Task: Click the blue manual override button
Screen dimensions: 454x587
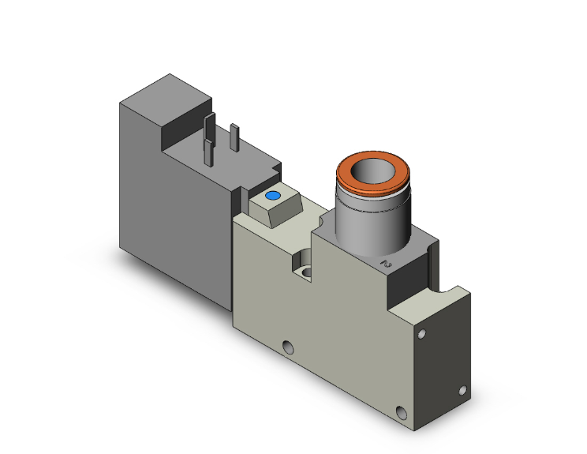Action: click(274, 195)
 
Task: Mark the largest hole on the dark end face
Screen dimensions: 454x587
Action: click(405, 411)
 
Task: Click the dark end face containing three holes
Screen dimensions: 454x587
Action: click(442, 363)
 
